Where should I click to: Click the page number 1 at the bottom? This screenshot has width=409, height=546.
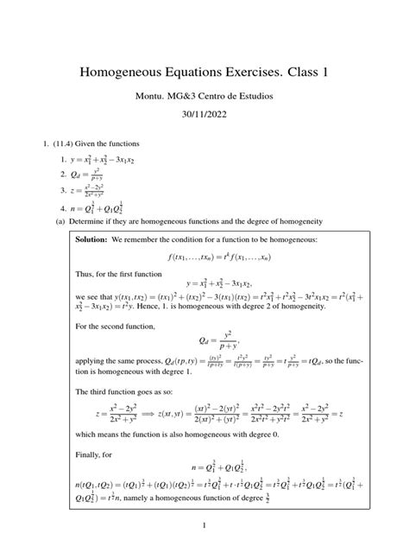pos(204,524)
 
